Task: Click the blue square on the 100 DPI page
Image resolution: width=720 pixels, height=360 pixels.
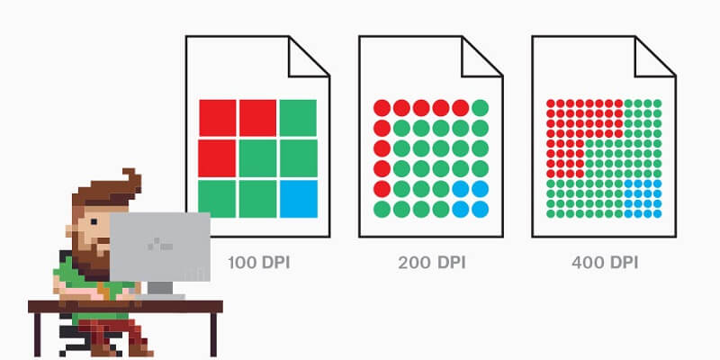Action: pyautogui.click(x=299, y=199)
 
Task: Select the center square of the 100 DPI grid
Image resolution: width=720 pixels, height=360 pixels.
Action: pyautogui.click(x=258, y=158)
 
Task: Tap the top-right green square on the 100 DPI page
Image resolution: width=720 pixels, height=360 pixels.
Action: pyautogui.click(x=298, y=118)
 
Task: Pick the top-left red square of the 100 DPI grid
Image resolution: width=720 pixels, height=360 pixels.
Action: pyautogui.click(x=218, y=118)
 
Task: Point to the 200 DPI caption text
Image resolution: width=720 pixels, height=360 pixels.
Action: pyautogui.click(x=432, y=263)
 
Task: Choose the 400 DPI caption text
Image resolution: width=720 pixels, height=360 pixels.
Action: pyautogui.click(x=605, y=263)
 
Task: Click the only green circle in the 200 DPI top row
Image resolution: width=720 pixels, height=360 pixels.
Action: pyautogui.click(x=480, y=108)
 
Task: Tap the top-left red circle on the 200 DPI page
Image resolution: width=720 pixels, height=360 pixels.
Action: pyautogui.click(x=382, y=108)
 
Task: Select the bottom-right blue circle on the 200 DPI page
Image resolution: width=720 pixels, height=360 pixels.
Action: pyautogui.click(x=480, y=209)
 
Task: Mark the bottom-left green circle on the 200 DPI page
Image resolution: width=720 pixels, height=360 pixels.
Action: pyautogui.click(x=382, y=209)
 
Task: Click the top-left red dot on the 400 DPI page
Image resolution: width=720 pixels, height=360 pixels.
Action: pyautogui.click(x=551, y=103)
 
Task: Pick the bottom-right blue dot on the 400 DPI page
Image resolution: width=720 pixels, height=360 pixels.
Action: pyautogui.click(x=657, y=213)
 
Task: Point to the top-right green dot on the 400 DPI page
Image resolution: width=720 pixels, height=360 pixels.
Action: pyautogui.click(x=657, y=103)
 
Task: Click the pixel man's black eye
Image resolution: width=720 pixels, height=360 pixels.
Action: pyautogui.click(x=94, y=221)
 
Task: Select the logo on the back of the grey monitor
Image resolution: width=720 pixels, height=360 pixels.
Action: pyautogui.click(x=160, y=244)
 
